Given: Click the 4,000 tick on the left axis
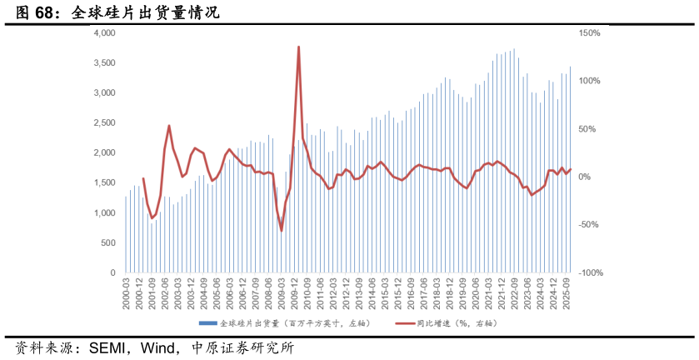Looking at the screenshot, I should (x=104, y=32).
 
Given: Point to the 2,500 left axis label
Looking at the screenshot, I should (x=104, y=122).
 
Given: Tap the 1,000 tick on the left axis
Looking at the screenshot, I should (x=104, y=212).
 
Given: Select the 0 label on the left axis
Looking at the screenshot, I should (x=112, y=272).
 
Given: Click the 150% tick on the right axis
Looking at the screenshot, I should (x=589, y=32).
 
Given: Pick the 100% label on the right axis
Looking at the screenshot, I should (x=589, y=81).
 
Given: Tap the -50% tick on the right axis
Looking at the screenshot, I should (x=589, y=225).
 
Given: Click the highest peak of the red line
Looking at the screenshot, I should (x=298, y=47).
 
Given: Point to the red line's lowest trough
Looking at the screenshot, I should (x=281, y=230).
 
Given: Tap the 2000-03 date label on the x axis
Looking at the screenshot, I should (x=127, y=294).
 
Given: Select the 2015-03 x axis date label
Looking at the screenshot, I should (x=384, y=294).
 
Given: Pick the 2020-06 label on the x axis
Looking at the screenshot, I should (x=475, y=294).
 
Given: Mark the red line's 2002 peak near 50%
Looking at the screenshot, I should (x=169, y=126).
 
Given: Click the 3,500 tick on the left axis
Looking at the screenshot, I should (x=104, y=62).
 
